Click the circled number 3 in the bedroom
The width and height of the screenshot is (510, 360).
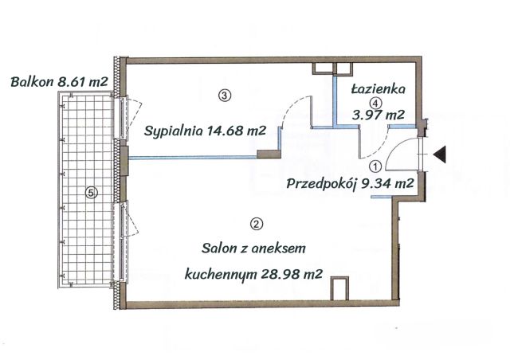[225, 96]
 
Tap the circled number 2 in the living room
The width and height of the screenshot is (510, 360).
[256, 224]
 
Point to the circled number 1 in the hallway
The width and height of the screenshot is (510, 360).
[375, 166]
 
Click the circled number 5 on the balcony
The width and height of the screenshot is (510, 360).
[92, 192]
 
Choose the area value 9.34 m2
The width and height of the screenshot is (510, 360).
[388, 184]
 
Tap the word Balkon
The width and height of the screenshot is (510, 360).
[32, 81]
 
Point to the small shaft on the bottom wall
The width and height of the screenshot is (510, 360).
[339, 288]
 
